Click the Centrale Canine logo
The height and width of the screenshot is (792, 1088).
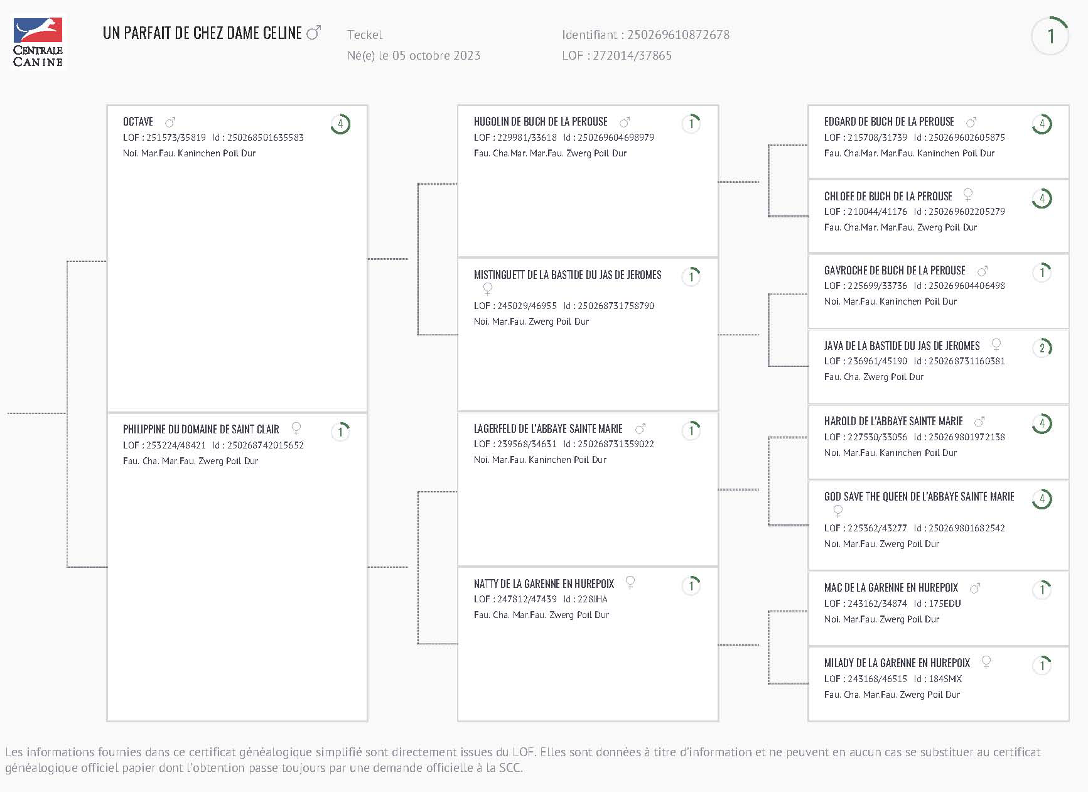click(x=38, y=41)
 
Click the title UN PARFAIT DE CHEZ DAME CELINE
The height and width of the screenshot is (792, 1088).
click(x=202, y=33)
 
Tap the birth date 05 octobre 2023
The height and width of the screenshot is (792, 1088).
click(x=436, y=55)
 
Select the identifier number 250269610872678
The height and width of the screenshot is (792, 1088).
click(x=678, y=35)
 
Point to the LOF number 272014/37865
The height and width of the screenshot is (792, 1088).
click(x=632, y=55)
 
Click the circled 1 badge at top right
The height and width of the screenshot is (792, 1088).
click(x=1050, y=36)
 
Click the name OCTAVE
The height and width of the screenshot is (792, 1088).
click(x=138, y=122)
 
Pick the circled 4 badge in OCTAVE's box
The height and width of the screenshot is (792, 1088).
click(x=340, y=124)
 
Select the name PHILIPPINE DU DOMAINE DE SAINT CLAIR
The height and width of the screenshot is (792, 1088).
click(x=201, y=430)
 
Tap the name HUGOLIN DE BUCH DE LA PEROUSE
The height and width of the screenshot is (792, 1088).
click(x=541, y=122)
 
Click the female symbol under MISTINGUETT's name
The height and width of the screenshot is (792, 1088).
click(x=487, y=289)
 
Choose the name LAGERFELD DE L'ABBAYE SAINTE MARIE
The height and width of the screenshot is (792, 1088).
click(x=548, y=429)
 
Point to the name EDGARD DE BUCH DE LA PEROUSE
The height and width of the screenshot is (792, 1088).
click(x=889, y=122)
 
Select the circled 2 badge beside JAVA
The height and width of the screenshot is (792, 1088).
click(x=1042, y=347)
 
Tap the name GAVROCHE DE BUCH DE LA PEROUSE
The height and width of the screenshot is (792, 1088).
click(x=895, y=271)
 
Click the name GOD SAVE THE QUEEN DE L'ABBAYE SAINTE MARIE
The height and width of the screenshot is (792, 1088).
click(x=919, y=497)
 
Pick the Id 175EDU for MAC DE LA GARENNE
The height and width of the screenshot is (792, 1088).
click(x=945, y=604)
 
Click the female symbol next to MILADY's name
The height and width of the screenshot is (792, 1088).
click(x=986, y=662)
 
